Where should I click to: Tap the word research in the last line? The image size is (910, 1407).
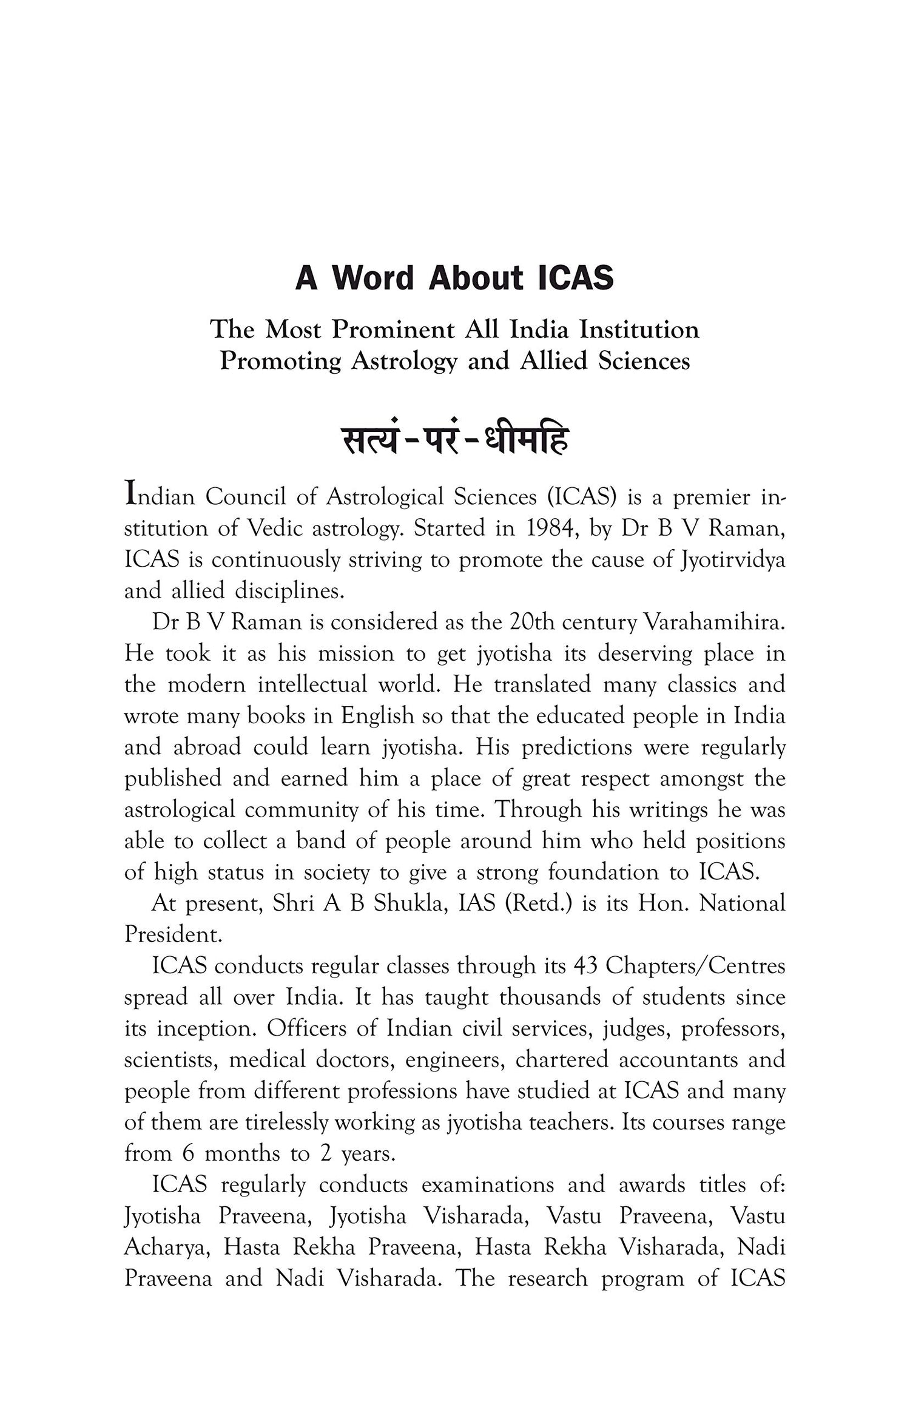[547, 1278]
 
